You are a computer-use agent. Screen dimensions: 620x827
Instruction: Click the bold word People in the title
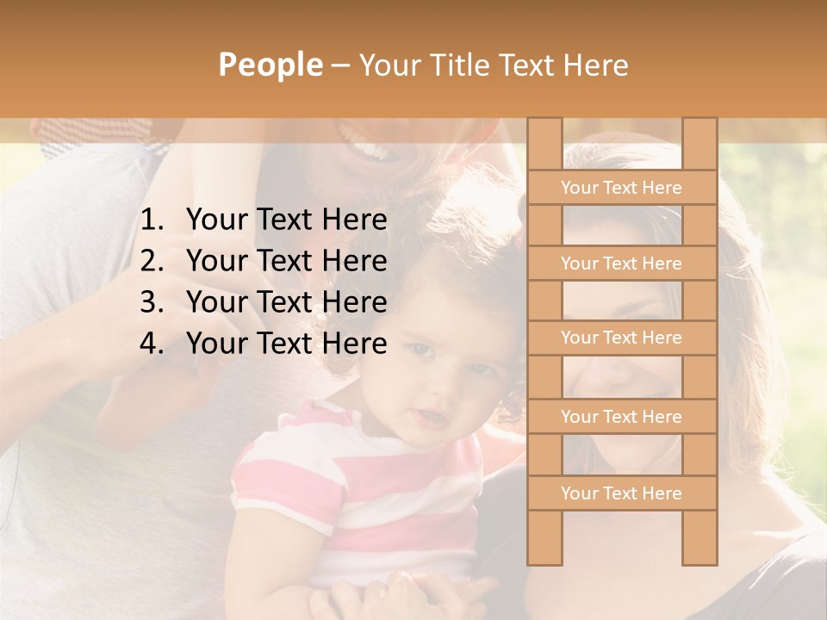point(270,65)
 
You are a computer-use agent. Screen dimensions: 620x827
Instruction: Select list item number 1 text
point(286,220)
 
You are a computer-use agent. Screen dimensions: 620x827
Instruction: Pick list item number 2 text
point(286,261)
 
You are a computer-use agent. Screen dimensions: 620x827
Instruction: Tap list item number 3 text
point(286,302)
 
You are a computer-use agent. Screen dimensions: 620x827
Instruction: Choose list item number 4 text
point(286,344)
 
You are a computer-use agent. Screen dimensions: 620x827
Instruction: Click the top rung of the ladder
point(621,188)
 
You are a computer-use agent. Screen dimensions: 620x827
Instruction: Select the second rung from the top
point(621,263)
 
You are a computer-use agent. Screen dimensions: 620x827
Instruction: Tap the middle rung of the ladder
point(621,338)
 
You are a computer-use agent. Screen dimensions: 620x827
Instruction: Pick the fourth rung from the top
point(621,417)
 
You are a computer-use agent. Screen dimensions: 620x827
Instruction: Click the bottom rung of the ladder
point(621,493)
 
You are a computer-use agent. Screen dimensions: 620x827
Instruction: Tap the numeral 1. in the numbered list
point(152,220)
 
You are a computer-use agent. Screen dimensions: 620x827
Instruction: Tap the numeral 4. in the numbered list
point(152,344)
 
